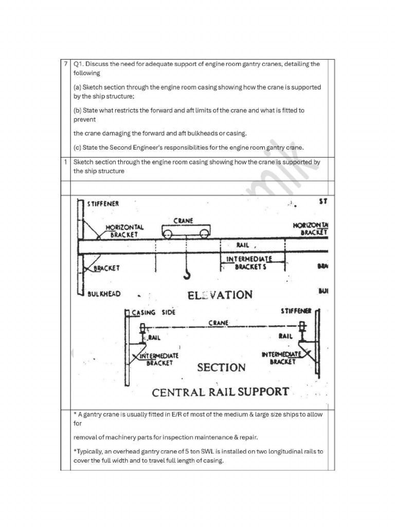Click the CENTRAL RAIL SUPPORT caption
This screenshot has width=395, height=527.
point(220,392)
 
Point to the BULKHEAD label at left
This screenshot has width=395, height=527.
point(104,294)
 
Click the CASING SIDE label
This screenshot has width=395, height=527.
point(153,312)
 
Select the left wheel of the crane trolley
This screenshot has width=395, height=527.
point(168,234)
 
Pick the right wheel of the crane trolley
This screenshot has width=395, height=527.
point(204,234)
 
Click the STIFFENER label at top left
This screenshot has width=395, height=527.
point(103,203)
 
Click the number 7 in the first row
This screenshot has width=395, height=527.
point(65,64)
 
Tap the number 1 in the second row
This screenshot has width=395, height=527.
point(65,162)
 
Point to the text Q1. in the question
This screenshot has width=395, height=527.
point(79,64)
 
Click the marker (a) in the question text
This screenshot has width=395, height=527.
point(77,87)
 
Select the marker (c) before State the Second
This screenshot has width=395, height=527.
point(77,148)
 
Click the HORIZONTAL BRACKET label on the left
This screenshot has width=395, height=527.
point(125,231)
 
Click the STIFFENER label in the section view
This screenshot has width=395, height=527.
point(296,311)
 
